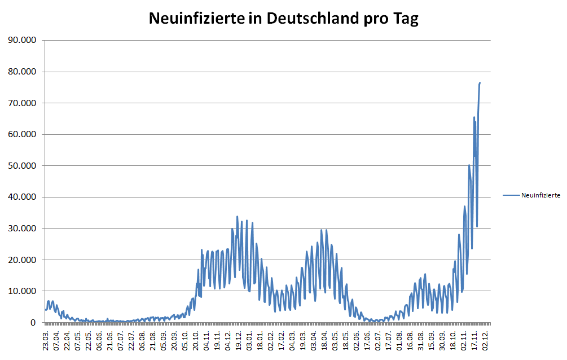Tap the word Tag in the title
[x=405, y=19]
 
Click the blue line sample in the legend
[x=511, y=195]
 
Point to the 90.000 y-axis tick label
[x=21, y=40]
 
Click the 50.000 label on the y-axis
[x=21, y=166]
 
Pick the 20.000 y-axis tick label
[x=21, y=260]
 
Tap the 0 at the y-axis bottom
[x=34, y=323]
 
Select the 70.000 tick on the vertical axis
[x=21, y=103]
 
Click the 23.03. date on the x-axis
[x=46, y=340]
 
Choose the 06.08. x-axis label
[x=143, y=340]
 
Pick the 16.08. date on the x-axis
[x=410, y=340]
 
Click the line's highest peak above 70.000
[x=480, y=83]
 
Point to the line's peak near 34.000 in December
[x=237, y=216]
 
